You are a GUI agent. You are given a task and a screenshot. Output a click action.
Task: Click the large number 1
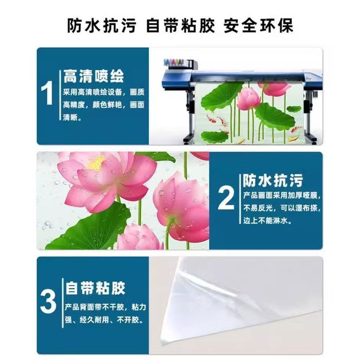(47, 93)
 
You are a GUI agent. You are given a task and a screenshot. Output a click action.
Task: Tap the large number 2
(226, 197)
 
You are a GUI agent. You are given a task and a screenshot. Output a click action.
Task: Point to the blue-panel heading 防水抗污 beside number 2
(273, 180)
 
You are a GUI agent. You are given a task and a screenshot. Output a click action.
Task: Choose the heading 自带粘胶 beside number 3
(95, 288)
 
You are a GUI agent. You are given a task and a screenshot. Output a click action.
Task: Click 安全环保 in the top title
(259, 25)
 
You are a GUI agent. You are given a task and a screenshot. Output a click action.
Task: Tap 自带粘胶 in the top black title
(180, 25)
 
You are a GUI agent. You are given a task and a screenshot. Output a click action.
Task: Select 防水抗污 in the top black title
(102, 25)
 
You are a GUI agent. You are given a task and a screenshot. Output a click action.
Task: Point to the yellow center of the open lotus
(97, 163)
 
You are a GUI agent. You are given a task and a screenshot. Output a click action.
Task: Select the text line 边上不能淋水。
(267, 221)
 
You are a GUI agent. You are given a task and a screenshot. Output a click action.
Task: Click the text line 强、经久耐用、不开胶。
(104, 320)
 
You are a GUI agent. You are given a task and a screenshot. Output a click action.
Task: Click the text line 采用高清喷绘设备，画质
(104, 92)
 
